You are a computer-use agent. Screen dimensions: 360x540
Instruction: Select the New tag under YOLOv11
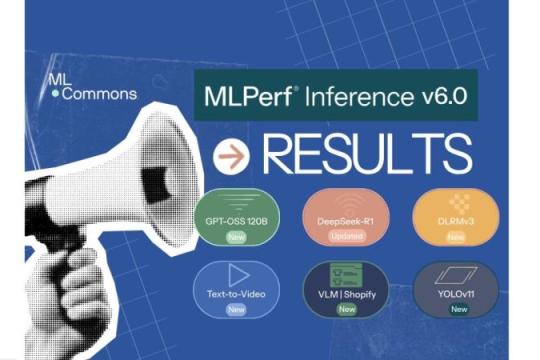458,310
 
